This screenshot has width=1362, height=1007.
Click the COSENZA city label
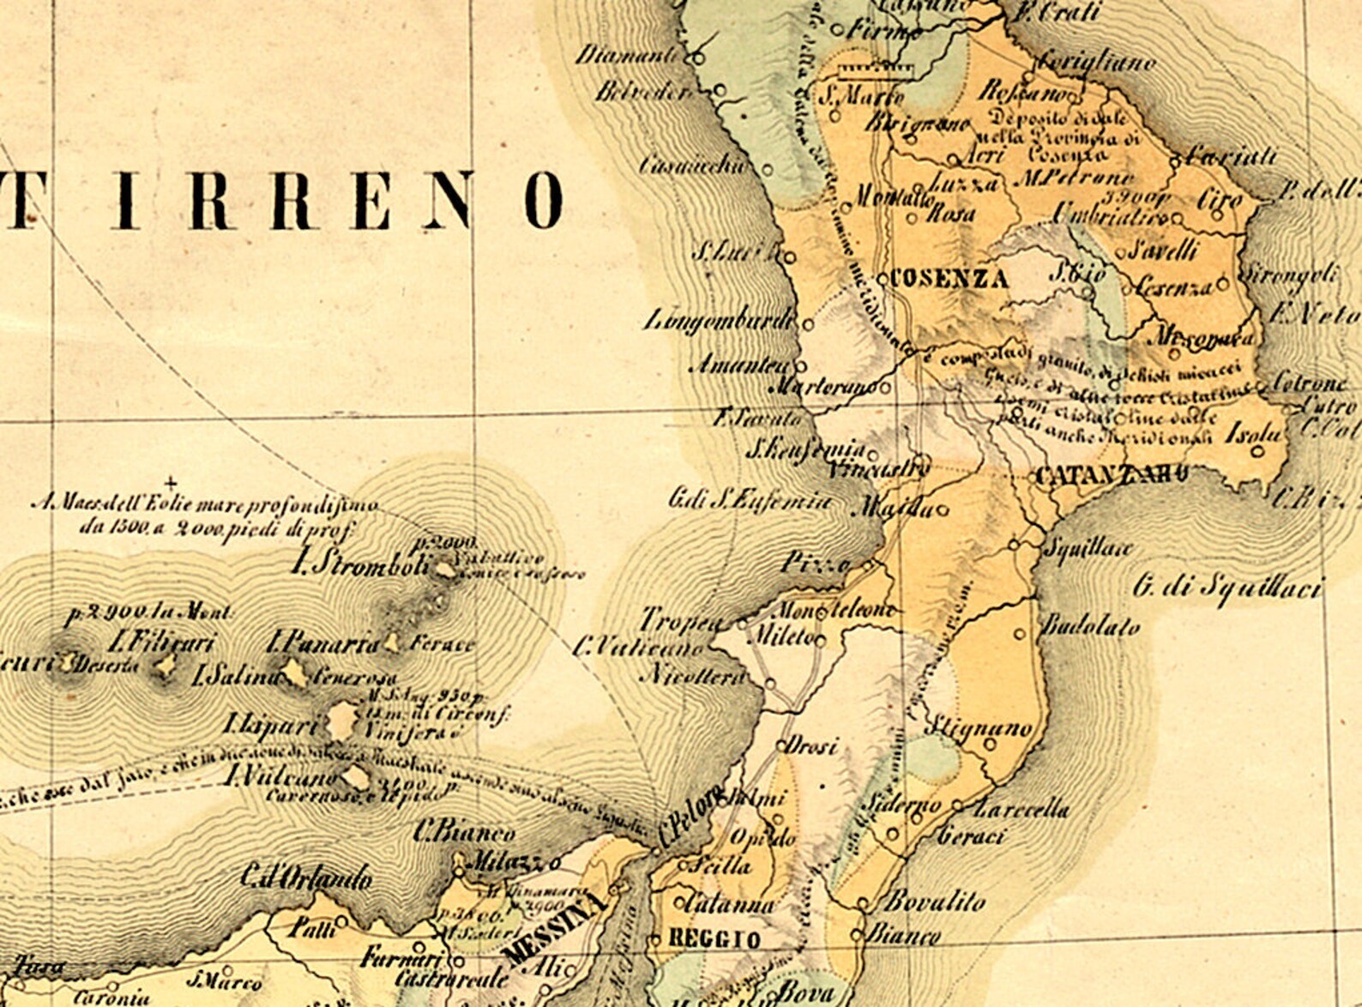[949, 278]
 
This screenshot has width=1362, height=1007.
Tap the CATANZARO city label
[1112, 476]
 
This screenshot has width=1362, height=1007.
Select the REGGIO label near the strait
[714, 938]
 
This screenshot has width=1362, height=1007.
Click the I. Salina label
[237, 676]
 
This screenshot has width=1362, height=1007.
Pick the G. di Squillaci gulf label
[1226, 588]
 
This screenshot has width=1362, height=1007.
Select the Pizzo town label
[815, 564]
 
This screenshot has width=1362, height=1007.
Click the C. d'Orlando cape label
[306, 877]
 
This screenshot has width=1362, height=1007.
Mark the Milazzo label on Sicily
[509, 860]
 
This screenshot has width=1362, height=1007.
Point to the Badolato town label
[1090, 626]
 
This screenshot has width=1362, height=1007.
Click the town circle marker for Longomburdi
[808, 324]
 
